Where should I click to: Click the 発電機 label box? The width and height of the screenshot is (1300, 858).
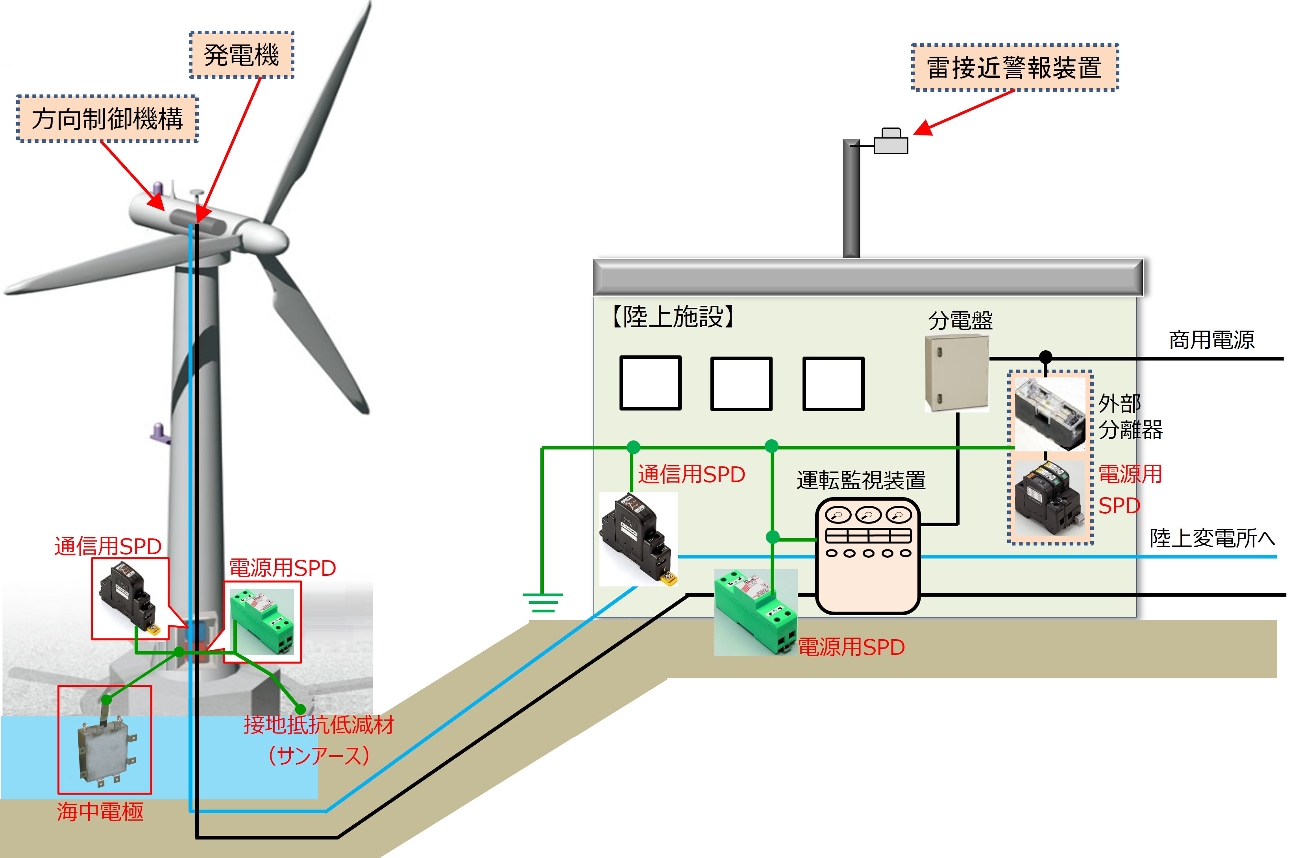click(x=241, y=55)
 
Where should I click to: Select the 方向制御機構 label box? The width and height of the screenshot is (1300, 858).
click(x=107, y=119)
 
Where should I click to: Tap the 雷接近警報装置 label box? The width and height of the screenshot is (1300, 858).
click(x=1014, y=67)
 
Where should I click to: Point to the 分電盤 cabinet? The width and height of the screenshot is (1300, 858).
click(x=956, y=373)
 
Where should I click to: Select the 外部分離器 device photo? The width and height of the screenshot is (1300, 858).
click(x=1049, y=414)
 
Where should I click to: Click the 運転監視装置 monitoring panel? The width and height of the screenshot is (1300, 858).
click(x=868, y=555)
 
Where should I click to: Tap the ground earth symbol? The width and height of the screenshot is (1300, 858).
click(x=542, y=602)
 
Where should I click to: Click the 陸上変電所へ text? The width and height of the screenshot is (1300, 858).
click(x=1212, y=538)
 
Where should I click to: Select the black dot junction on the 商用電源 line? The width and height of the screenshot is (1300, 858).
click(x=1046, y=357)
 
